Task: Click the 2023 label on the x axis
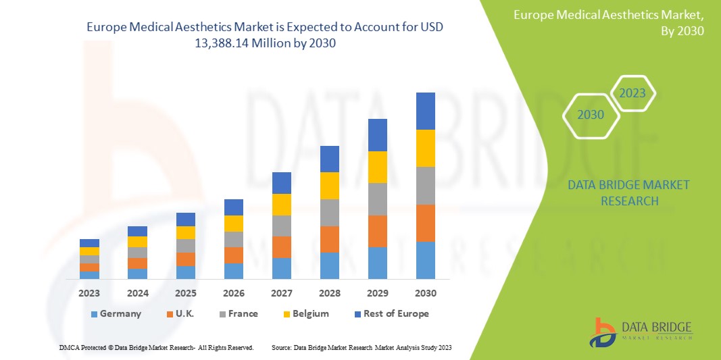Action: pos(89,293)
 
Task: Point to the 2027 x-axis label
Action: pos(282,293)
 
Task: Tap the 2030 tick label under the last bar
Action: pos(426,293)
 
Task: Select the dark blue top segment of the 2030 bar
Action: pos(426,111)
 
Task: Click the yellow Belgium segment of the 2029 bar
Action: pos(378,167)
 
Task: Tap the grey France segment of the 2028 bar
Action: pos(330,212)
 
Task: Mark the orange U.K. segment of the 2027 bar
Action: pos(282,247)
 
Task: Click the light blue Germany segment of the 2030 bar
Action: pos(426,260)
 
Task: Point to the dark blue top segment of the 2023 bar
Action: pos(89,243)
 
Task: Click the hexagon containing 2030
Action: pos(591,115)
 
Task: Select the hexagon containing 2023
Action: pos(632,93)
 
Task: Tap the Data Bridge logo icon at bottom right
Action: pos(601,332)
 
